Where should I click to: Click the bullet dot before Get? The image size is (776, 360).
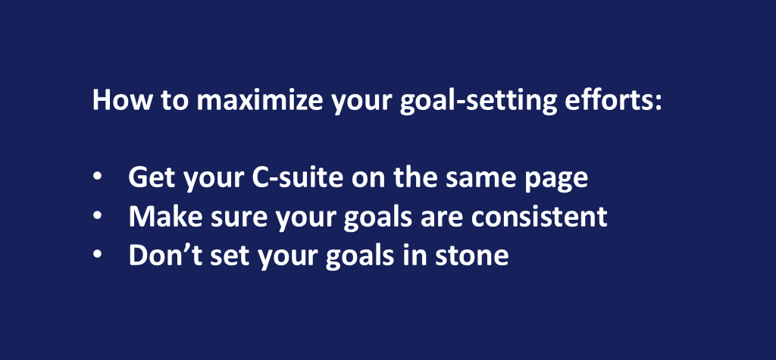98,177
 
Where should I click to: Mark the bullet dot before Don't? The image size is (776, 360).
98,255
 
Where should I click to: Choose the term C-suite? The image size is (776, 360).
298,177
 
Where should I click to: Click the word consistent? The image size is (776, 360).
539,216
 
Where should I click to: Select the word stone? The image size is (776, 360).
471,256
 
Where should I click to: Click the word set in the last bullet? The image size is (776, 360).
226,256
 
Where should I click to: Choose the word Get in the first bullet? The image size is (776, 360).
151,177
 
